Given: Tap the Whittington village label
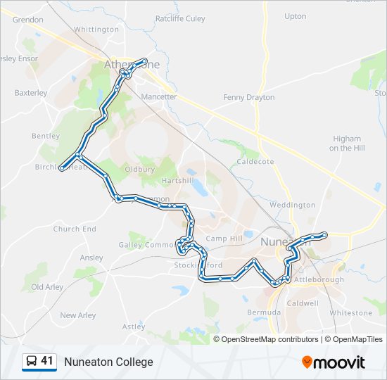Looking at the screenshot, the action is coord(96,30).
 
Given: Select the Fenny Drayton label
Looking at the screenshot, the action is coord(248,97).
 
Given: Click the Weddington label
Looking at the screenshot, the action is coord(292,205).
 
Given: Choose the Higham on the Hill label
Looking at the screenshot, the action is coord(346,144).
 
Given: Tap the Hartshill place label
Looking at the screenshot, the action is coord(177,181).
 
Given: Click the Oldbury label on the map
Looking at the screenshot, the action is coord(139,170).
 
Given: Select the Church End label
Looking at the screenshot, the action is coord(75,229).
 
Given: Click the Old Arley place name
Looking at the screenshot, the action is coord(46,287).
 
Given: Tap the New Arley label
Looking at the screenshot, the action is coord(77,315).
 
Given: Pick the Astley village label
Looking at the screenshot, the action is coord(134,327).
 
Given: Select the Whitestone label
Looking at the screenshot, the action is coord(350,312).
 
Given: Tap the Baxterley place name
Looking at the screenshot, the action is coord(31,92).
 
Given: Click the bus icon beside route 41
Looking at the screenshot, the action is coord(32,362).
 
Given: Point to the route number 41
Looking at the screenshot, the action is coord(47,361).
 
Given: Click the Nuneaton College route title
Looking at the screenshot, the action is coord(108,362).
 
